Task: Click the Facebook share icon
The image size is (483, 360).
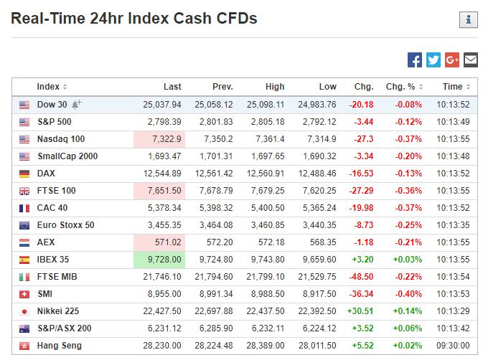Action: tap(414, 60)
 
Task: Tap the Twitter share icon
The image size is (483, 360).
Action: tap(433, 60)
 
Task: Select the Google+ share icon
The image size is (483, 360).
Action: tap(451, 60)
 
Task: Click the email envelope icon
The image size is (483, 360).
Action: tap(470, 60)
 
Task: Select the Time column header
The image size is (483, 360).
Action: tap(454, 87)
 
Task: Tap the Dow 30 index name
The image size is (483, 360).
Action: tap(52, 105)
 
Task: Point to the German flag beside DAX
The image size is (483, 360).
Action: tap(24, 174)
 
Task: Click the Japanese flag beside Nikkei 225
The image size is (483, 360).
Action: tap(24, 311)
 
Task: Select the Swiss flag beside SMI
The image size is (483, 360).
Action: tap(24, 294)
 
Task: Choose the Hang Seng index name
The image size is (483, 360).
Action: tap(60, 346)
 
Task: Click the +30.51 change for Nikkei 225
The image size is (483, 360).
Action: tap(360, 311)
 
